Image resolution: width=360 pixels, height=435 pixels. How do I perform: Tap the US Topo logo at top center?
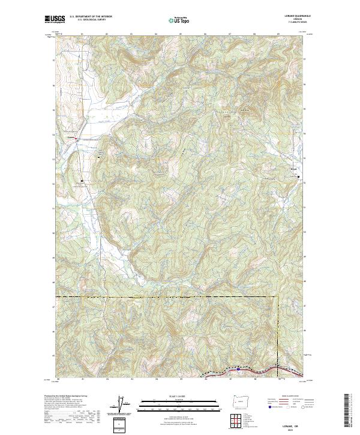pyautogui.click(x=179, y=20)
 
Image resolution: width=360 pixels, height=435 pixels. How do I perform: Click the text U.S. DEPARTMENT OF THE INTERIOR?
pyautogui.click(x=91, y=16)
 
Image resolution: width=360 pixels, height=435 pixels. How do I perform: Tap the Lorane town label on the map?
pyautogui.click(x=70, y=137)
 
